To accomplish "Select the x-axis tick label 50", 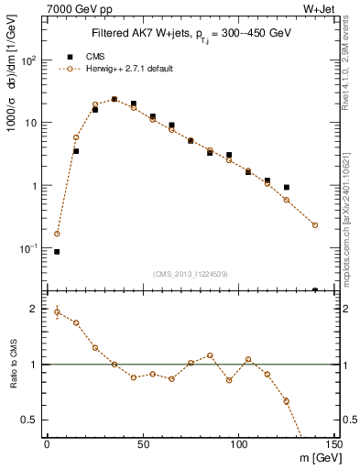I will [x=143, y=443].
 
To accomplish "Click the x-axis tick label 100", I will [x=238, y=443].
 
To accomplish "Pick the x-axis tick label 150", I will [x=334, y=443].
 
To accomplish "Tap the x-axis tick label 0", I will [x=48, y=443].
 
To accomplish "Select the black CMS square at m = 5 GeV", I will [x=57, y=251].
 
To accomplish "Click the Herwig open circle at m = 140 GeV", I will [x=315, y=224].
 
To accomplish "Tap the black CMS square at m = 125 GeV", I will [x=287, y=187].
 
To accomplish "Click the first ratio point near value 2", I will [x=57, y=311].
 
